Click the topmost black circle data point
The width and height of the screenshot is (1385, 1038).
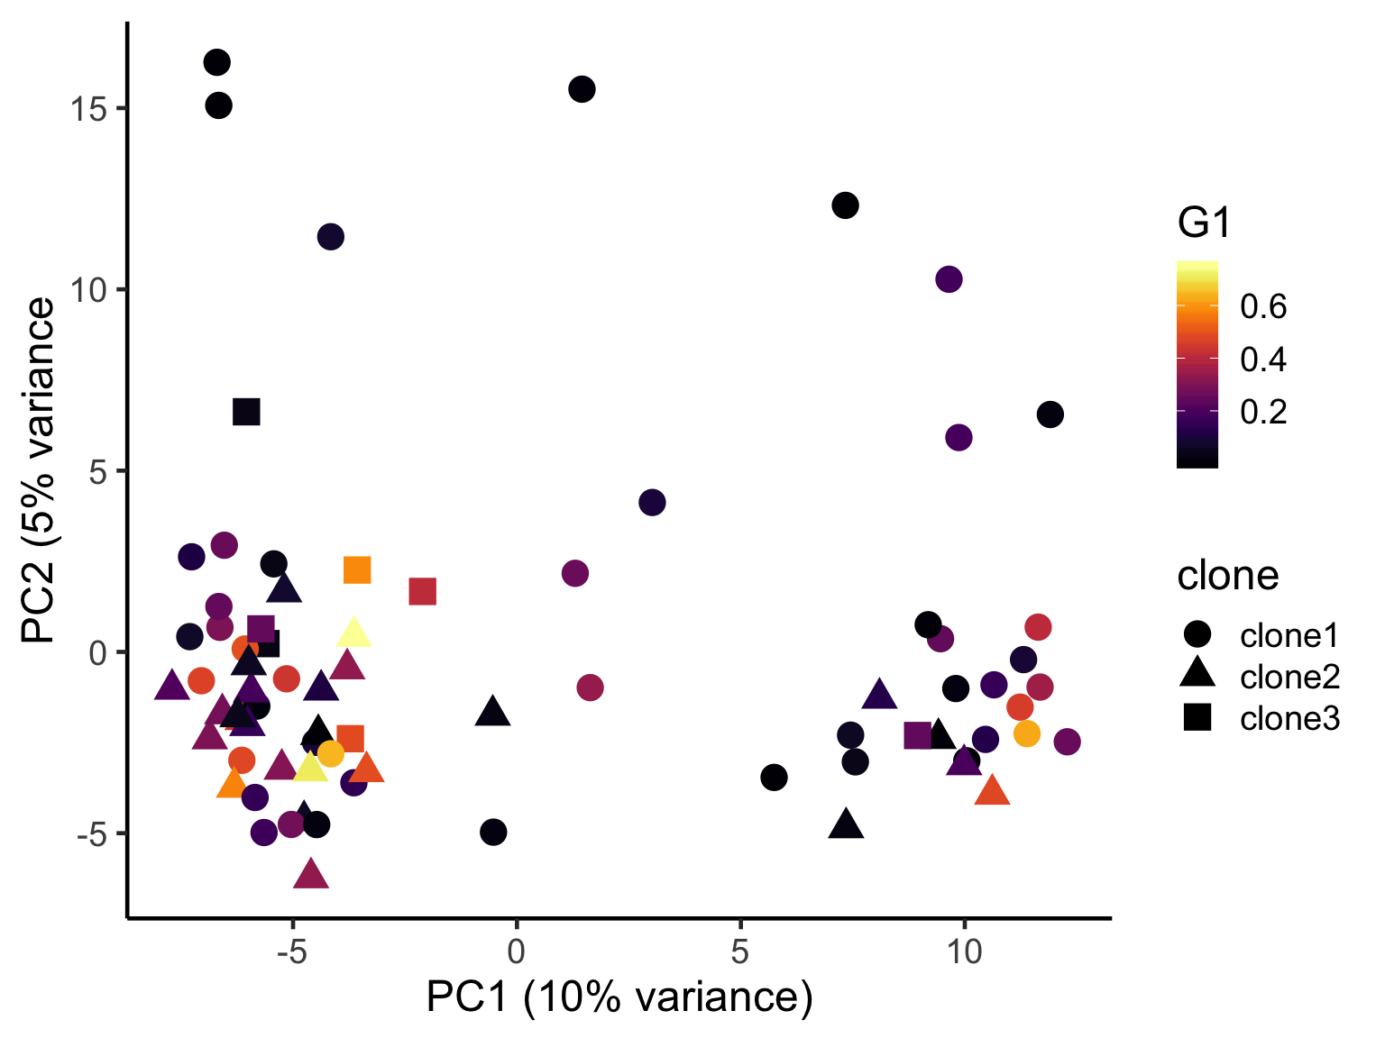[x=216, y=62]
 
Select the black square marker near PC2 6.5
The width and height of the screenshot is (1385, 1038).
[x=246, y=412]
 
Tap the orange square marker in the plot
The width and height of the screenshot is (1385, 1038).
[x=357, y=569]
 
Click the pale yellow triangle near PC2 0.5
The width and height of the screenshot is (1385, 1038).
[x=354, y=633]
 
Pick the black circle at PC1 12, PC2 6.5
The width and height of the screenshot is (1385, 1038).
[x=1050, y=414]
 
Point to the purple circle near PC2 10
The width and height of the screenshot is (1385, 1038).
[x=949, y=279]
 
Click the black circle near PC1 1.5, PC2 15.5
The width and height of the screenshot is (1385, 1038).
[x=582, y=89]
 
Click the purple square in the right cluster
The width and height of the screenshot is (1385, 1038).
[x=918, y=735]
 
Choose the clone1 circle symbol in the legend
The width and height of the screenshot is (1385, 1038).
[x=1197, y=634]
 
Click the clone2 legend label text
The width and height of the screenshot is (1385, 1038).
[x=1289, y=677]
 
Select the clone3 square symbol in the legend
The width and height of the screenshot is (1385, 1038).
[x=1197, y=718]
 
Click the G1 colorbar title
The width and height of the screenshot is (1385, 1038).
[x=1204, y=223]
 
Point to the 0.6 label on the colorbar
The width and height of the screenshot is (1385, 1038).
[x=1263, y=306]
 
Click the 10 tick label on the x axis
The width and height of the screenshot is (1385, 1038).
[x=964, y=951]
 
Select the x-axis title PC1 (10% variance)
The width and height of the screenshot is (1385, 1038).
[x=619, y=997]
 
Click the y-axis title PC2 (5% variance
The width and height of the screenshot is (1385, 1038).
[x=38, y=469]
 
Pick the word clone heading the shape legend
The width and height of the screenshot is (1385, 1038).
[x=1227, y=575]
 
